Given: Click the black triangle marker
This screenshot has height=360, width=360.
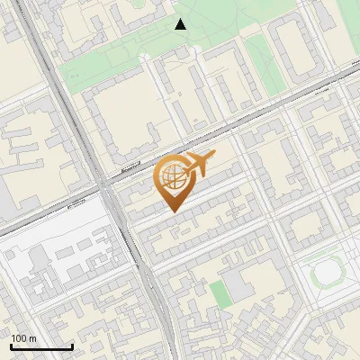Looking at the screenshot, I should point(181,24).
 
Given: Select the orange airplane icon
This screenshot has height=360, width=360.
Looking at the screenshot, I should point(198,166).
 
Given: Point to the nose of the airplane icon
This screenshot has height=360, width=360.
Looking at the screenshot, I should point(214,157).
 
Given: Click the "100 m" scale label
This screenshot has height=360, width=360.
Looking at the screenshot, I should point(24,338).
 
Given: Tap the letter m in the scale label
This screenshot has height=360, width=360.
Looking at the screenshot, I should point(33,338).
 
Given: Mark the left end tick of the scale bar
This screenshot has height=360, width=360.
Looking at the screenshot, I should point(11,346).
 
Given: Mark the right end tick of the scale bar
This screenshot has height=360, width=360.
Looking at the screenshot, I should point(72,346).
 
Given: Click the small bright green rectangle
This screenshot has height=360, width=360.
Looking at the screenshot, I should point(220,292).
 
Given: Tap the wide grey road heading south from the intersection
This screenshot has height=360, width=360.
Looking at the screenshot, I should point(144,270).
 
